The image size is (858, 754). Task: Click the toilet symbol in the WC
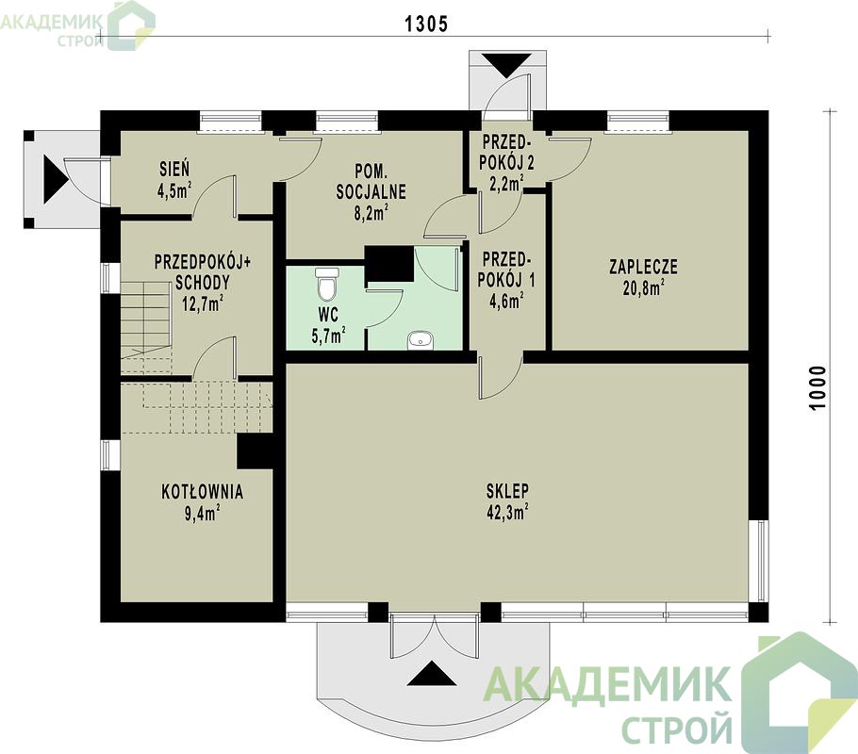pos(327,284)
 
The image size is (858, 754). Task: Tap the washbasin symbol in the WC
pos(421,340)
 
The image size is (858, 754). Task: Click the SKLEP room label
pos(507,490)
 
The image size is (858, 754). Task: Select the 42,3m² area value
pos(507,511)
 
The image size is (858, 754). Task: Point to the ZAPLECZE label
pos(643,267)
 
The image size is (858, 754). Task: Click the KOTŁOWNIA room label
pos(202,491)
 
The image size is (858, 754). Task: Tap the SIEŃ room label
pos(174,169)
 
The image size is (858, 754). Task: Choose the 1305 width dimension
pos(426,24)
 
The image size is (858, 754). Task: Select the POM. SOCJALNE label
pos(371,182)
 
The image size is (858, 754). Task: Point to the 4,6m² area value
pos(506,300)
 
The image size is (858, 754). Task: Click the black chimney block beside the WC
pos(389,263)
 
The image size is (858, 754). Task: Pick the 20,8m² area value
pos(643,287)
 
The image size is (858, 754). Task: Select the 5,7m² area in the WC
pos(328,335)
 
